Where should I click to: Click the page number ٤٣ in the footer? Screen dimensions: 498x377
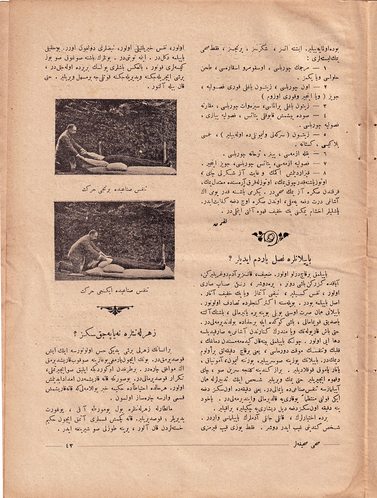[69, 446]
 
